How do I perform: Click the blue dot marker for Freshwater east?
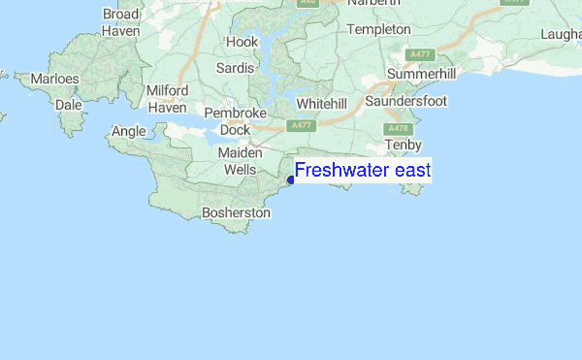[291, 180]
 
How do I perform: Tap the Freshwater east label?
[363, 172]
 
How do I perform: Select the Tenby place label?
[403, 145]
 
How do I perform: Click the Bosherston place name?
[236, 213]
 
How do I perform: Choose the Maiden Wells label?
[241, 161]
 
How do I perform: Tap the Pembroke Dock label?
[235, 120]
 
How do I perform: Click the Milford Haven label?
[166, 99]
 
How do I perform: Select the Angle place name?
[129, 131]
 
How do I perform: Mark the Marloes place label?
[54, 78]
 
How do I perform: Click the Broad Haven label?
[120, 23]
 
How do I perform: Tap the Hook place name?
[242, 42]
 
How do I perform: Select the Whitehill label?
[321, 103]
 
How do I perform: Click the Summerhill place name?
[420, 75]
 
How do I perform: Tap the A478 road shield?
[397, 128]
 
